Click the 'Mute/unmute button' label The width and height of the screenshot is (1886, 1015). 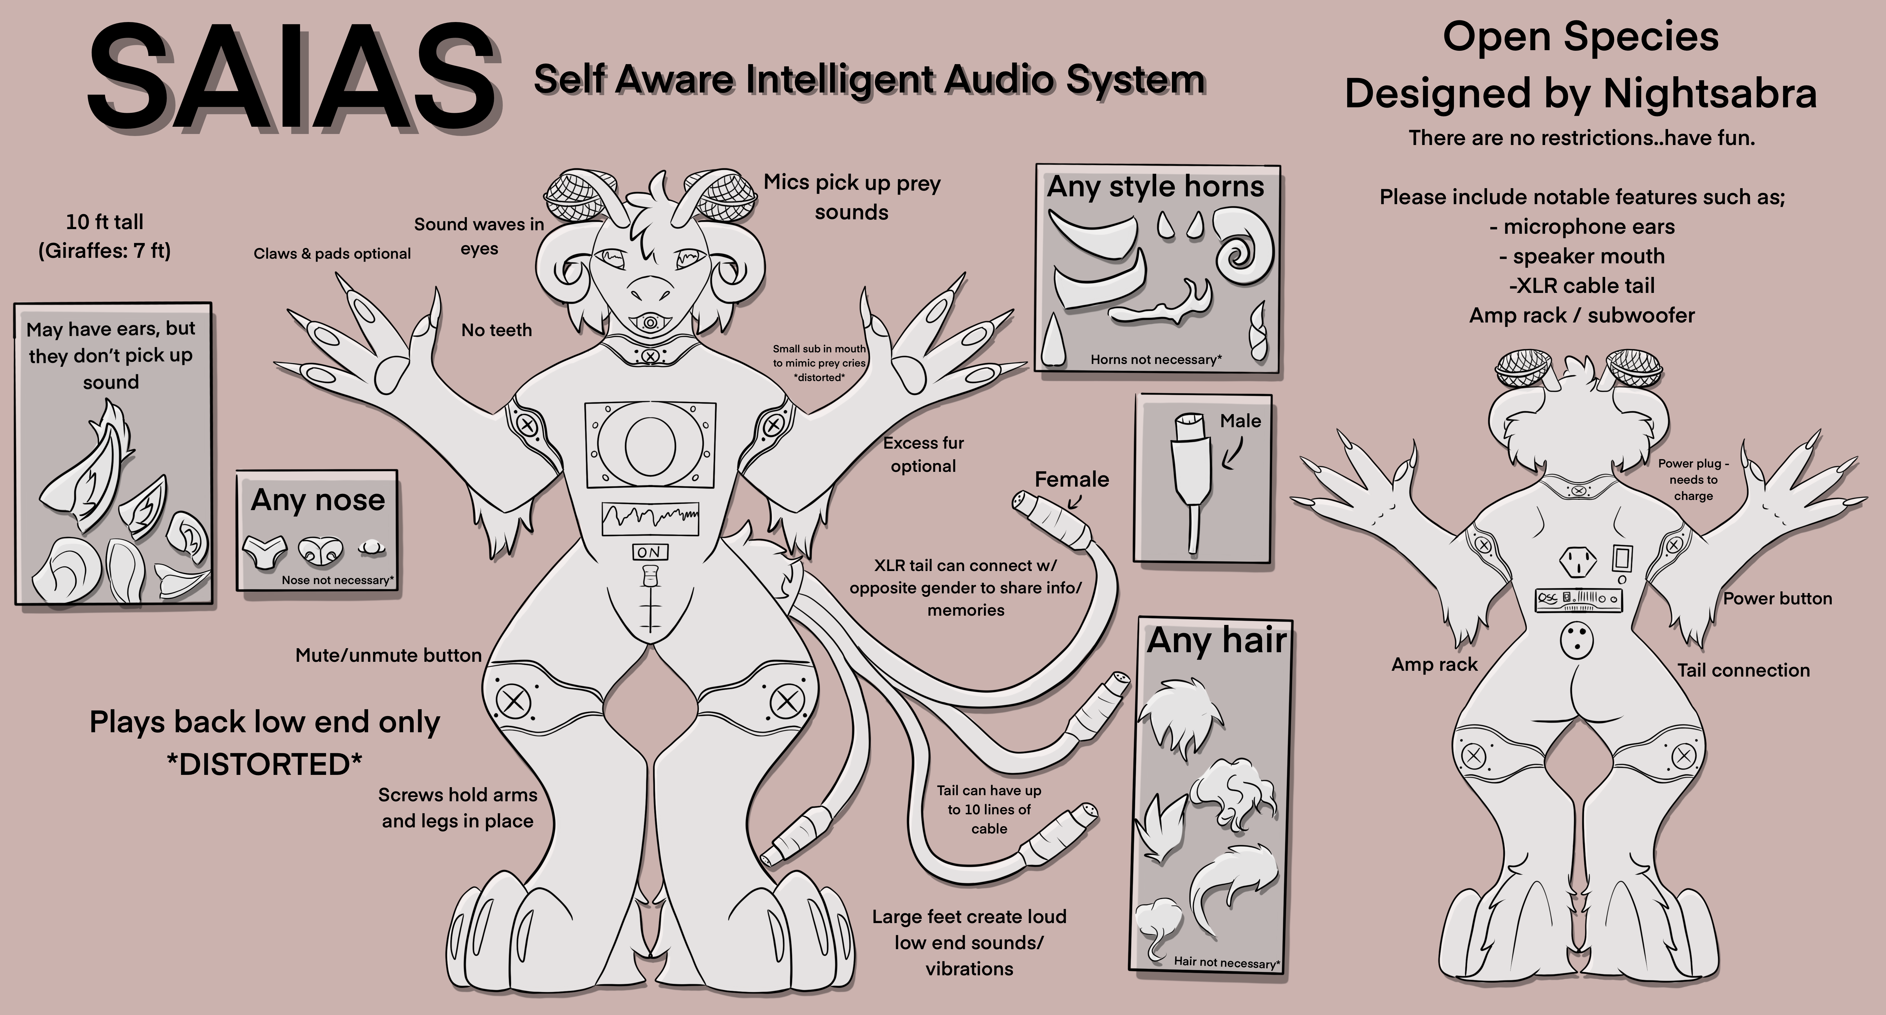[388, 655]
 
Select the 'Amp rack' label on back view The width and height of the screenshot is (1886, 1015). [1434, 664]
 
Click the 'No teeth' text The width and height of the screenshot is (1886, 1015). [496, 330]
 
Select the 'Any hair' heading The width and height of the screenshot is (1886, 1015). [1217, 641]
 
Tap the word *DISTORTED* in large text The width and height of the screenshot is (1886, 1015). [264, 764]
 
